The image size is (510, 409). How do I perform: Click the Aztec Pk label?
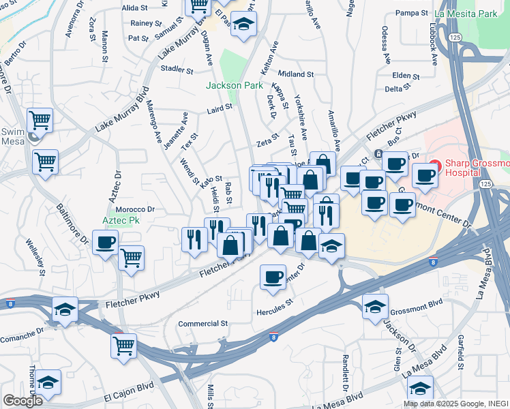(x=102, y=222)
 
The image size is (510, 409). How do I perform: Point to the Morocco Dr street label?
(x=135, y=209)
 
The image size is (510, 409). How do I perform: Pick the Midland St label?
(x=295, y=74)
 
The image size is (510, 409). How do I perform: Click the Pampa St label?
(x=410, y=13)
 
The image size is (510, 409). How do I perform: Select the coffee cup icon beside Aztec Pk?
(x=105, y=243)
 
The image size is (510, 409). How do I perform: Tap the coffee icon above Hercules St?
(x=273, y=277)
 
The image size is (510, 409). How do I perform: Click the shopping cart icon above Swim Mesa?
(x=40, y=121)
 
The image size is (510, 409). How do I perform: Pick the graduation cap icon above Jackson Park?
(x=243, y=25)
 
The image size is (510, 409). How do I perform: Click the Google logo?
(x=22, y=401)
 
